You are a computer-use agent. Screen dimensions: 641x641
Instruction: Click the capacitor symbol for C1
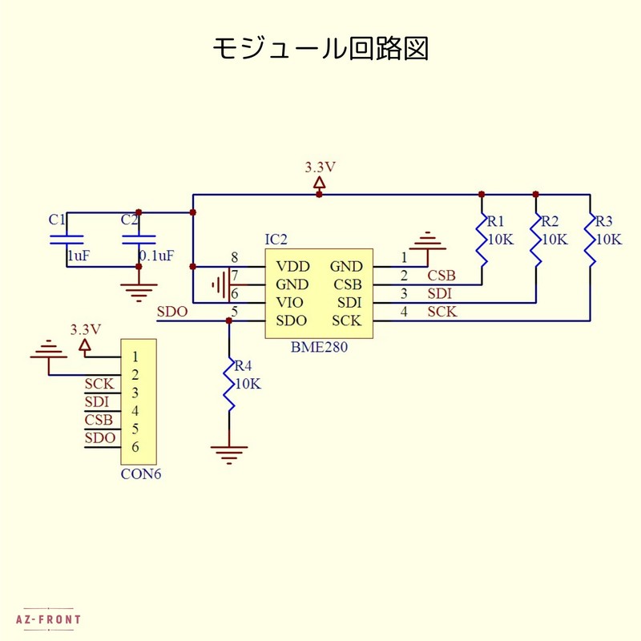click(67, 239)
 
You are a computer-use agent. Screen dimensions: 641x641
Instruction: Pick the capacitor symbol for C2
click(138, 239)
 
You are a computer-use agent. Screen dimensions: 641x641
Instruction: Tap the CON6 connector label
click(141, 474)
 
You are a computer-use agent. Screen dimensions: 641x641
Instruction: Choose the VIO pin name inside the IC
click(290, 303)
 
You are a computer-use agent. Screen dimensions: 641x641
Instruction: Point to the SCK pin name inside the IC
click(347, 321)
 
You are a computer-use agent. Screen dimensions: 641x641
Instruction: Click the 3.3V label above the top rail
click(320, 167)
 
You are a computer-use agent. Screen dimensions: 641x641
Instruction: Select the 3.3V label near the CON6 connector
click(86, 329)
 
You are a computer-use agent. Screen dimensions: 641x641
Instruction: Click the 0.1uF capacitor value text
click(156, 256)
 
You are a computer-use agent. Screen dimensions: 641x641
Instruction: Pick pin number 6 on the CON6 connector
click(135, 446)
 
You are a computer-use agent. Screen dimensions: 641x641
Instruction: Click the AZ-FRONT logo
click(48, 619)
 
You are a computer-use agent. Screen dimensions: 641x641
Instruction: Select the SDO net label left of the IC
click(172, 312)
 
